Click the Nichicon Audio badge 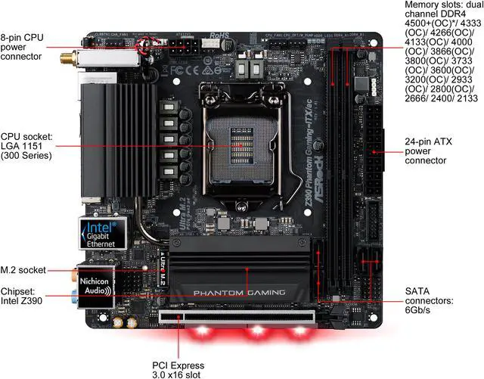(x=95, y=282)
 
